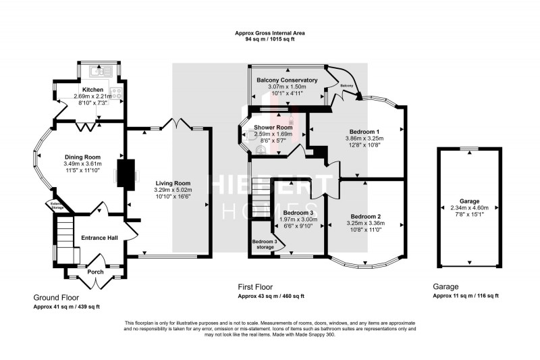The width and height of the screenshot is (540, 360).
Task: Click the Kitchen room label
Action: point(92,89)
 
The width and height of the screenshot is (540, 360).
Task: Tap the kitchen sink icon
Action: point(103,70)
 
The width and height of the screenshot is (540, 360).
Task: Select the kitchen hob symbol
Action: point(116,94)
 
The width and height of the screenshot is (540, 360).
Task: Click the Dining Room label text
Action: point(82,157)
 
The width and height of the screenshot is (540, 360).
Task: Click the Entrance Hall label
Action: point(99,238)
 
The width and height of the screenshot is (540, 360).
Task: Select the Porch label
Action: point(95,272)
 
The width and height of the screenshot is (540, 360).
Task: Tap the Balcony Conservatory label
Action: point(287,80)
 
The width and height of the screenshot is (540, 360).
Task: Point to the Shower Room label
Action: point(273,127)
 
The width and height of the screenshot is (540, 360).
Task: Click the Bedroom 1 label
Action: point(364,131)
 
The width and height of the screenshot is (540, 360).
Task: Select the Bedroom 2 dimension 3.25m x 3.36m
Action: point(365,223)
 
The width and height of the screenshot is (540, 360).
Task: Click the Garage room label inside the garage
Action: point(470,201)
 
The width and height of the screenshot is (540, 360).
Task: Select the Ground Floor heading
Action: point(56,297)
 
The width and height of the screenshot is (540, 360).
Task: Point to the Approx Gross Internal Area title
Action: point(269,33)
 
